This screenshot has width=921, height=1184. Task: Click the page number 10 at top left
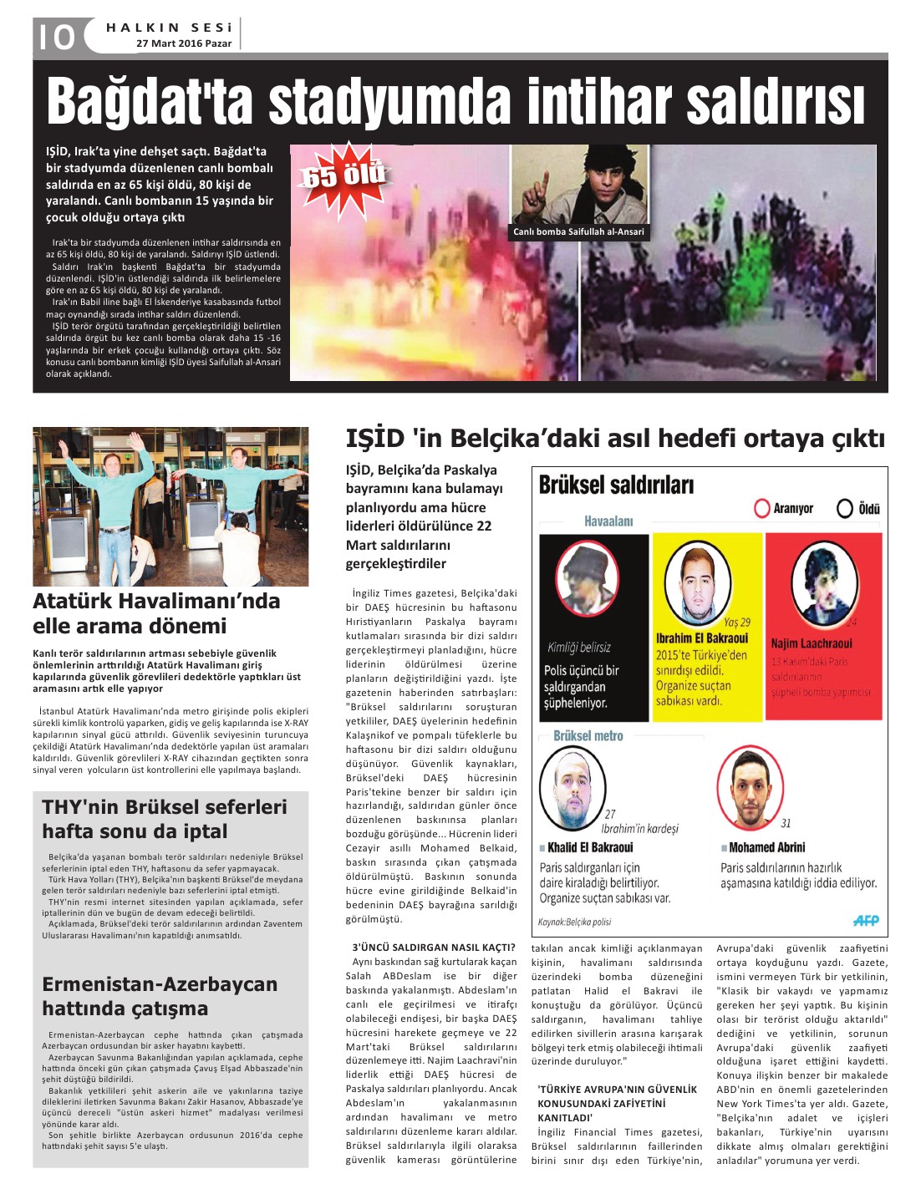55,37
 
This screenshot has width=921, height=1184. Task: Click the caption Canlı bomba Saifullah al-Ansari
578,232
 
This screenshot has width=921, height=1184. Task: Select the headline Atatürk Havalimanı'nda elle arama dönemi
156,613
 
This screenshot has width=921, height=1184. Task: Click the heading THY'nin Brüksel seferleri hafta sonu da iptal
165,819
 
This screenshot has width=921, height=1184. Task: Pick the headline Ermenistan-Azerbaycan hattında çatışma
160,996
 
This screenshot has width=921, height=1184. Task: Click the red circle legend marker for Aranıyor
761,508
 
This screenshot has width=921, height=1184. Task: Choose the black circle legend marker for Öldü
845,508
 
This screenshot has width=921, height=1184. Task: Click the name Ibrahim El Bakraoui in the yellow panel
701,638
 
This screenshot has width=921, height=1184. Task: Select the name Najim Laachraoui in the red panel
811,643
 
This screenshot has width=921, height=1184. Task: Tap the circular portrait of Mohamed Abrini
750,786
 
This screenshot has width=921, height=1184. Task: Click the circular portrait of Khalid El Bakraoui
572,786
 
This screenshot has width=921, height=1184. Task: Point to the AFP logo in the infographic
865,920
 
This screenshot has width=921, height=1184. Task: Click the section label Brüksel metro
588,736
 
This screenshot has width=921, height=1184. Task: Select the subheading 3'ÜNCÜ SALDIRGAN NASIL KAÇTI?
434,948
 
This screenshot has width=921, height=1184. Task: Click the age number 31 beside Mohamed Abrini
786,823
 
